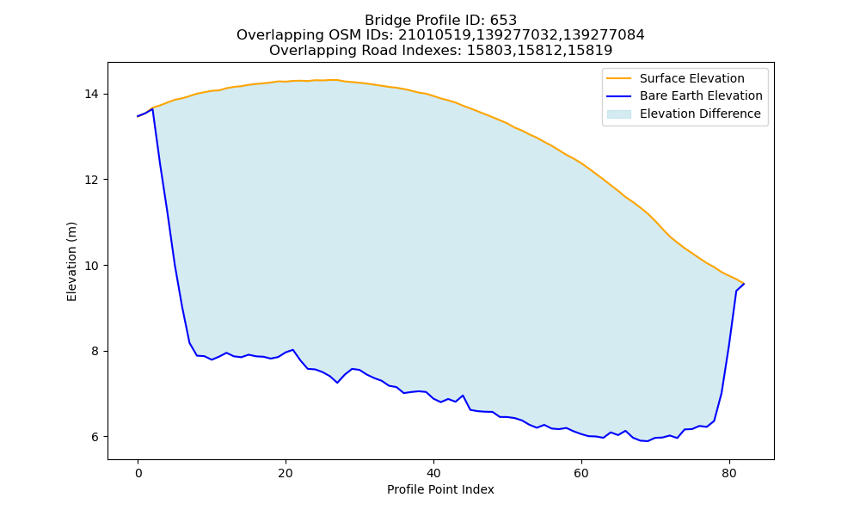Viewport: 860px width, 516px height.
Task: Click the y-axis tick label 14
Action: click(x=91, y=95)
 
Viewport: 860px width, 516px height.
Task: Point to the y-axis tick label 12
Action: click(x=91, y=180)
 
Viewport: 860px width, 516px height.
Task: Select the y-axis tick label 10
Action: click(x=91, y=266)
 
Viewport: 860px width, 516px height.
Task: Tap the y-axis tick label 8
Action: click(x=95, y=351)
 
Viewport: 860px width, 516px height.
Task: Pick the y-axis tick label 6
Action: click(x=95, y=437)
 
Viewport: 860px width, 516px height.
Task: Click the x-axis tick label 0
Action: click(x=138, y=473)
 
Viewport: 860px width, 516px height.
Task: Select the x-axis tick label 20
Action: click(x=286, y=473)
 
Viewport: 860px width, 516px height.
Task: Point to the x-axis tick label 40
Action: click(x=433, y=473)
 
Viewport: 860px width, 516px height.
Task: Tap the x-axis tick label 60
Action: click(x=581, y=473)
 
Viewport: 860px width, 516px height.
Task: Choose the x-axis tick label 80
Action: click(x=729, y=473)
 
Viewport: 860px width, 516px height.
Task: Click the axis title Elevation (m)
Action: click(x=71, y=261)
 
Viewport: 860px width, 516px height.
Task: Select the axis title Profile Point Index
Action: click(x=440, y=489)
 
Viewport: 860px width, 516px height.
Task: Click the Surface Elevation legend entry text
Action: click(x=691, y=78)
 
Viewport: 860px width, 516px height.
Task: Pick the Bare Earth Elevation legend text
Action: click(x=701, y=96)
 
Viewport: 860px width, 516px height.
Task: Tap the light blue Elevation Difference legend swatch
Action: click(x=618, y=114)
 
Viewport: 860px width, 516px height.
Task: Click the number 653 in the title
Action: click(x=503, y=21)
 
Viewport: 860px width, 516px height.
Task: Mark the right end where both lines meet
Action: click(x=744, y=284)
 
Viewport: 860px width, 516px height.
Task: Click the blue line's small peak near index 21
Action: click(x=293, y=349)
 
